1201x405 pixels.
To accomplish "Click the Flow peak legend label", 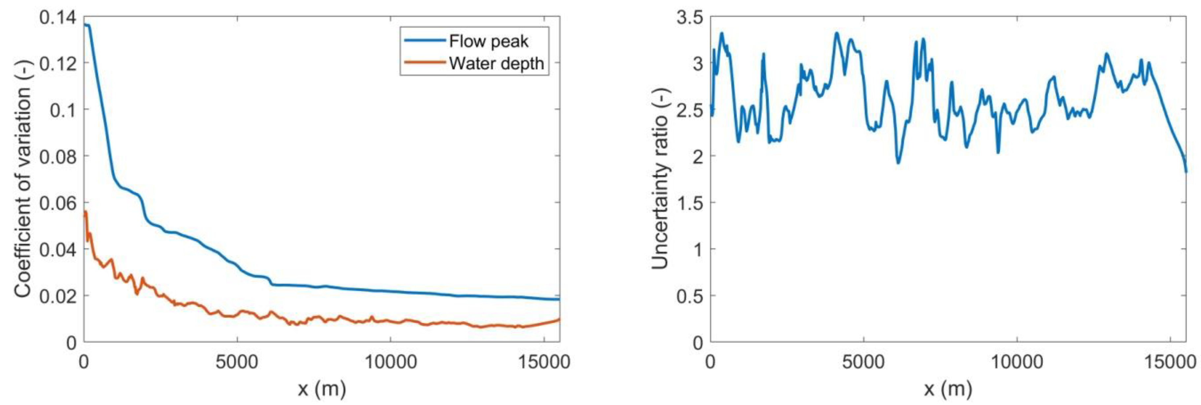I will pos(489,42).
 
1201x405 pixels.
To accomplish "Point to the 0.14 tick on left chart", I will pos(58,18).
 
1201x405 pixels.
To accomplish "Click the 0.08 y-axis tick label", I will pos(58,156).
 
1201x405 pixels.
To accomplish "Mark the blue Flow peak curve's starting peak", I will pos(86,25).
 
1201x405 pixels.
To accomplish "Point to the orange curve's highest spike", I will pos(86,212).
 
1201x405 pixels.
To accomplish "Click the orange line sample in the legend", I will pos(424,63).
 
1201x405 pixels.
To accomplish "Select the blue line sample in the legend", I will pos(424,42).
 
